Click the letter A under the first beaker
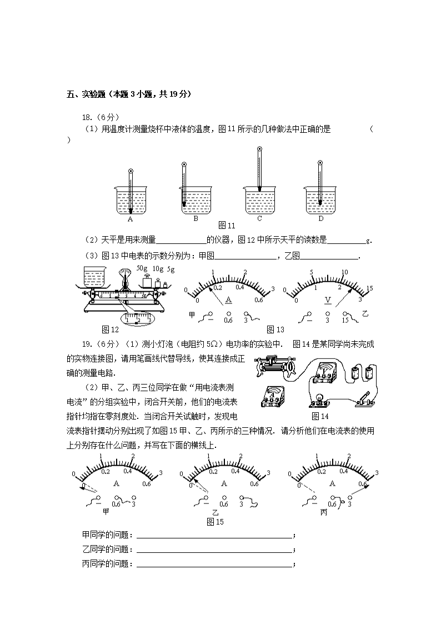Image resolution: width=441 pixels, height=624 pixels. pos(131,219)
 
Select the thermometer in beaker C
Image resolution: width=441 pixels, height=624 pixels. pos(259,169)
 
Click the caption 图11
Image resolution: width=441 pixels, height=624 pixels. pos(227,226)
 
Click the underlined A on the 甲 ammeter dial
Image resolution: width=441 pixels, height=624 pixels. pos(228,301)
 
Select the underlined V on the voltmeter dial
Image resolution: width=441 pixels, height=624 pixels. pos(328,301)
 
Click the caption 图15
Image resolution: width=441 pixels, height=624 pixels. pos(215,522)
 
